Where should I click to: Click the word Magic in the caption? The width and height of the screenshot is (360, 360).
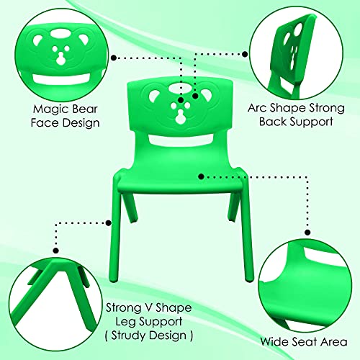pyautogui.click(x=51, y=109)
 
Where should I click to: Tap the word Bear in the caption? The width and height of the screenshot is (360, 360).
pyautogui.click(x=85, y=109)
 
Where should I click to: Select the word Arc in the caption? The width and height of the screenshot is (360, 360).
pyautogui.click(x=257, y=108)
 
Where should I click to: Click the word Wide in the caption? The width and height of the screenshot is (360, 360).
pyautogui.click(x=275, y=341)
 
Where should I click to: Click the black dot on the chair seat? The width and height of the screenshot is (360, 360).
pyautogui.click(x=201, y=176)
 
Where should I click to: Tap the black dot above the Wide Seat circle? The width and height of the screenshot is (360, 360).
pyautogui.click(x=307, y=233)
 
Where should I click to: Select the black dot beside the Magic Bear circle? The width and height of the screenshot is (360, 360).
pyautogui.click(x=114, y=58)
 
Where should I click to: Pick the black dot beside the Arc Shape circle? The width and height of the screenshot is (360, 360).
pyautogui.click(x=245, y=54)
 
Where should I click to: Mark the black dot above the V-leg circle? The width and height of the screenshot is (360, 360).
pyautogui.click(x=56, y=251)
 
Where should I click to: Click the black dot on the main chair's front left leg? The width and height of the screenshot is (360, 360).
pyautogui.click(x=109, y=223)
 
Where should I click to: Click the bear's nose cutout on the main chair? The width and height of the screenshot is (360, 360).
pyautogui.click(x=180, y=117)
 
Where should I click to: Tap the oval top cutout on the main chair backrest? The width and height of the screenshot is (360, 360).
pyautogui.click(x=181, y=89)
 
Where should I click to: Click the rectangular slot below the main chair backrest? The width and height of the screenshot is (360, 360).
pyautogui.click(x=181, y=140)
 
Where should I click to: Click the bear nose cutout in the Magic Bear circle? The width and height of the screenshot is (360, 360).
pyautogui.click(x=60, y=60)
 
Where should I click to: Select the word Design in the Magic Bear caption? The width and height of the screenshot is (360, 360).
pyautogui.click(x=81, y=122)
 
